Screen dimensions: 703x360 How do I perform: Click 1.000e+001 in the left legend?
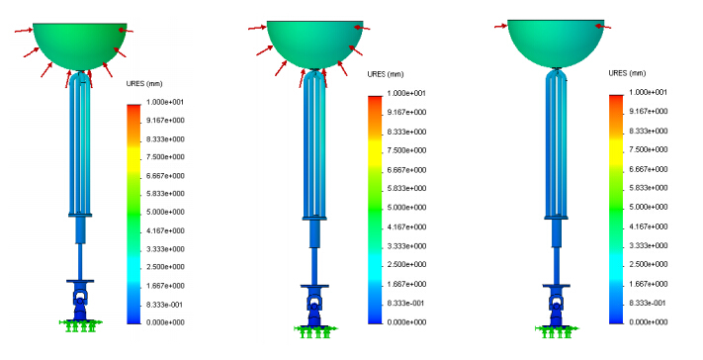(165, 102)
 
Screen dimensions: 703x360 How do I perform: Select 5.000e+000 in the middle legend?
(406, 208)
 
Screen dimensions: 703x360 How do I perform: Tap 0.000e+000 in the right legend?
(649, 321)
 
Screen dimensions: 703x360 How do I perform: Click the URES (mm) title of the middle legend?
(386, 74)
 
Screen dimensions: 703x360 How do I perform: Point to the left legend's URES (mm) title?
(144, 84)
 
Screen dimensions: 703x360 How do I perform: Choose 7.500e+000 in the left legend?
(165, 157)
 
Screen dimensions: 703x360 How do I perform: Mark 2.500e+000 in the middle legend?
(406, 264)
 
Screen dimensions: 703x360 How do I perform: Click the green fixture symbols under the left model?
(81, 325)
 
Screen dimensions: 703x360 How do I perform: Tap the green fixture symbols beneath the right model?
(557, 331)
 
